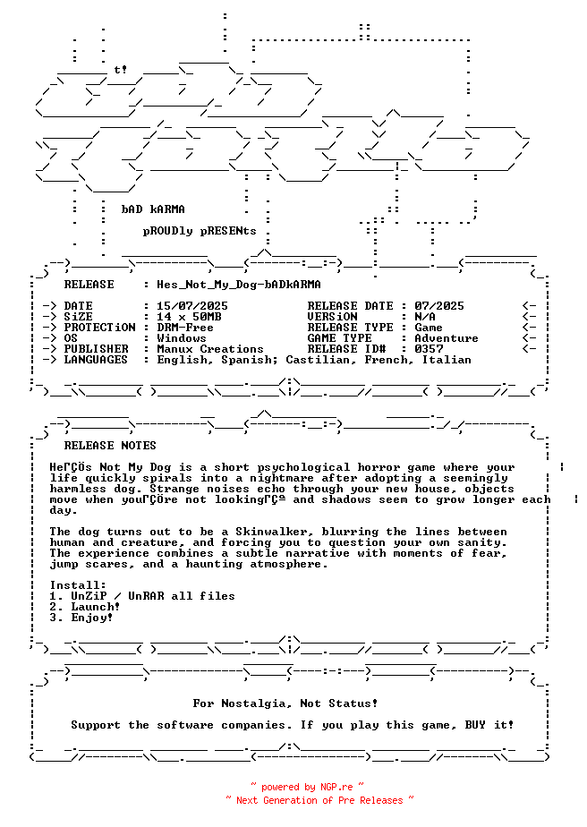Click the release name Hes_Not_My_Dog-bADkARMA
click(238, 285)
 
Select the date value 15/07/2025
click(191, 306)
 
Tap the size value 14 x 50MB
click(189, 317)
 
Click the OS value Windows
click(182, 338)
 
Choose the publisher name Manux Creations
click(210, 349)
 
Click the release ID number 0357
click(429, 349)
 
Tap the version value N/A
click(425, 317)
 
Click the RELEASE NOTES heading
click(110, 446)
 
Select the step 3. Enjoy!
click(81, 618)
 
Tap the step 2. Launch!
click(85, 607)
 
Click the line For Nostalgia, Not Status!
click(285, 703)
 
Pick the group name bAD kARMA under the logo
click(153, 209)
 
